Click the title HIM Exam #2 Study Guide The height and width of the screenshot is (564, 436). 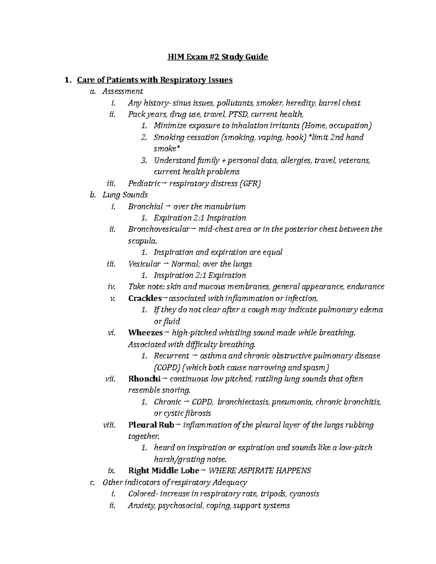(218, 57)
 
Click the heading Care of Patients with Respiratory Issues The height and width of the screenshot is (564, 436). (155, 80)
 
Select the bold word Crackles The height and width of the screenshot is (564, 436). (145, 299)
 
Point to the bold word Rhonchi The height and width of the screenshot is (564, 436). (144, 379)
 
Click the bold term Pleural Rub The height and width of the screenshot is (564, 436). (151, 425)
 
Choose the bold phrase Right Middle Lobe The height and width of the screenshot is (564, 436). (163, 471)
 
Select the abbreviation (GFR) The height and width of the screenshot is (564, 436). (250, 183)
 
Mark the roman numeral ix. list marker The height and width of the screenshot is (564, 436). (111, 471)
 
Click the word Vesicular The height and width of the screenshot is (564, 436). (144, 264)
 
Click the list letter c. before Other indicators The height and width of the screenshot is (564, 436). (92, 482)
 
